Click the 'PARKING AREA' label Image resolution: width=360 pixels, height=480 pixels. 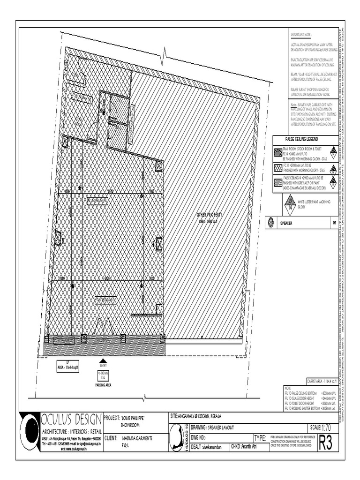click(x=103, y=384)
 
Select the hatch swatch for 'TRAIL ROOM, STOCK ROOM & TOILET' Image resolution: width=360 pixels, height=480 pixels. click(x=278, y=153)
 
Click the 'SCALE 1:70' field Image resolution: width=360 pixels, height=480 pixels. click(x=321, y=428)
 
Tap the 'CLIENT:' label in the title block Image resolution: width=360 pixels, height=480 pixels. click(x=111, y=438)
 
